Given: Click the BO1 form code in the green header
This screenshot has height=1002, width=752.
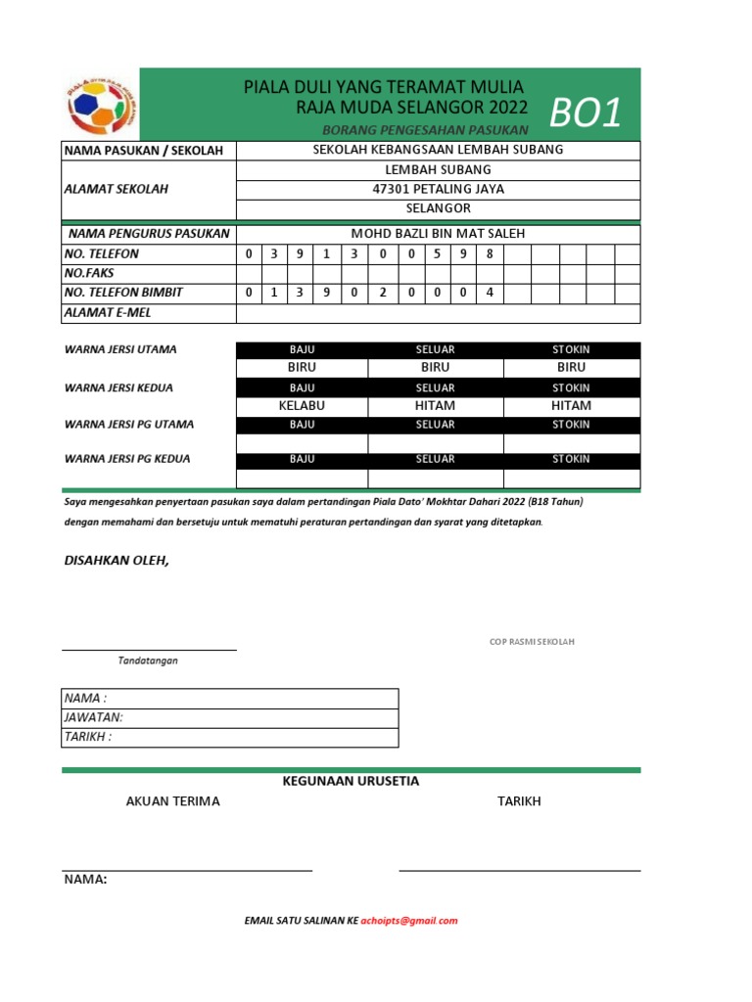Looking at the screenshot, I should (x=586, y=114).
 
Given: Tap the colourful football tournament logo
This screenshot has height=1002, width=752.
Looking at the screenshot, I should (x=102, y=105).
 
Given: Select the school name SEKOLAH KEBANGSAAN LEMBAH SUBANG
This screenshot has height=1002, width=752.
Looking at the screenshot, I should (x=438, y=150).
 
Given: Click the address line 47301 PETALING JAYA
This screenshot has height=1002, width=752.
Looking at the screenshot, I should (x=438, y=189).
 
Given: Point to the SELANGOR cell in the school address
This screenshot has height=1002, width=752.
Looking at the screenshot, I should (x=438, y=208).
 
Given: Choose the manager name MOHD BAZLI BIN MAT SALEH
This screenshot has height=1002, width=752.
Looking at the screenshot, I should (x=438, y=234).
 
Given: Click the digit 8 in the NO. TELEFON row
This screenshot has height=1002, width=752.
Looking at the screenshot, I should (x=489, y=253).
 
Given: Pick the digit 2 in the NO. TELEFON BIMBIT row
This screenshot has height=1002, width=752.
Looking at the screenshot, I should (x=382, y=293).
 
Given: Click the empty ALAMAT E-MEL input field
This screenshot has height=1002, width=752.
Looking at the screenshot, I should (x=438, y=313).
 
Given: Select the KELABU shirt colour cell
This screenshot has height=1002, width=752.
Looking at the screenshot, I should (x=302, y=405).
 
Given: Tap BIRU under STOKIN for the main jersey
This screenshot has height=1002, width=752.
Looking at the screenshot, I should (x=571, y=368).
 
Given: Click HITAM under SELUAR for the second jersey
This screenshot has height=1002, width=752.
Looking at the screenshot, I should (x=435, y=405).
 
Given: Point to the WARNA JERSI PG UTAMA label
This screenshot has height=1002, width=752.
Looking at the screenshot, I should (x=129, y=425).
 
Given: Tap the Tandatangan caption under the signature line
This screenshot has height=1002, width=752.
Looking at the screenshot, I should (x=148, y=660).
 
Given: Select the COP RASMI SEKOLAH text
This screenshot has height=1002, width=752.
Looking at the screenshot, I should (x=532, y=642).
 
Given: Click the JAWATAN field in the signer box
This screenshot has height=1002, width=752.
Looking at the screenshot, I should (x=229, y=717).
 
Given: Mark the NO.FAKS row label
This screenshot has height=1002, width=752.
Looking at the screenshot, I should (x=89, y=273).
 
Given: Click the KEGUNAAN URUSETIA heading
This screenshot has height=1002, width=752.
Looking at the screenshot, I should (x=351, y=781).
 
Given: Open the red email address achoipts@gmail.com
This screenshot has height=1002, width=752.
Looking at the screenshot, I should (x=409, y=921).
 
